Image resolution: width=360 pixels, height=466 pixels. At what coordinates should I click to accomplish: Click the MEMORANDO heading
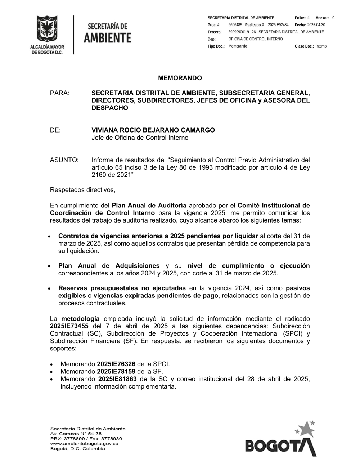180,78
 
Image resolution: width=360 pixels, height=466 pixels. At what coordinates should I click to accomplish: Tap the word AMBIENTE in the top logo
107,38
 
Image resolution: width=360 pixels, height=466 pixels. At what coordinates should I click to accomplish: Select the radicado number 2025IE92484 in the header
278,25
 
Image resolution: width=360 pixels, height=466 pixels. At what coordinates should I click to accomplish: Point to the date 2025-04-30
316,25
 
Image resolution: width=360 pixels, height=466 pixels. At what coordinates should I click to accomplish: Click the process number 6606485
235,25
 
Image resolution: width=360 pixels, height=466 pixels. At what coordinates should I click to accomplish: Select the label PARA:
59,93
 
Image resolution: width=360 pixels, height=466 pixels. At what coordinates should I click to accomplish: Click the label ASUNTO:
64,160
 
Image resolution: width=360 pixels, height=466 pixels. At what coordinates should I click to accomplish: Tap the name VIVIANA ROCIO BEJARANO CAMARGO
153,130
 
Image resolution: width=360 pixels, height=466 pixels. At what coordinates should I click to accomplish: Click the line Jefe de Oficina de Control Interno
140,138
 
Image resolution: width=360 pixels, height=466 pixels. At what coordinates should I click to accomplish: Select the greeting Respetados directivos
82,190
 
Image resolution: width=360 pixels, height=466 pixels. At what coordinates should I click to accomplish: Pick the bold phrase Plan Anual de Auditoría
149,206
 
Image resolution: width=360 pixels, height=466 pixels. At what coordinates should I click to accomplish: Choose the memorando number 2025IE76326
116,364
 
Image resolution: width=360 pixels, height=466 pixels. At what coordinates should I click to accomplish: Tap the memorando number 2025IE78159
116,372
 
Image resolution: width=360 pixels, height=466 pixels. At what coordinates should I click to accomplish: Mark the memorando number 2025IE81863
117,379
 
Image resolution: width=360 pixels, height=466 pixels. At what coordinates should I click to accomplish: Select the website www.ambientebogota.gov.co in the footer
84,444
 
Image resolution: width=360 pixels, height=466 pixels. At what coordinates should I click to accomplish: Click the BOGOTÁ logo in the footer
280,440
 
